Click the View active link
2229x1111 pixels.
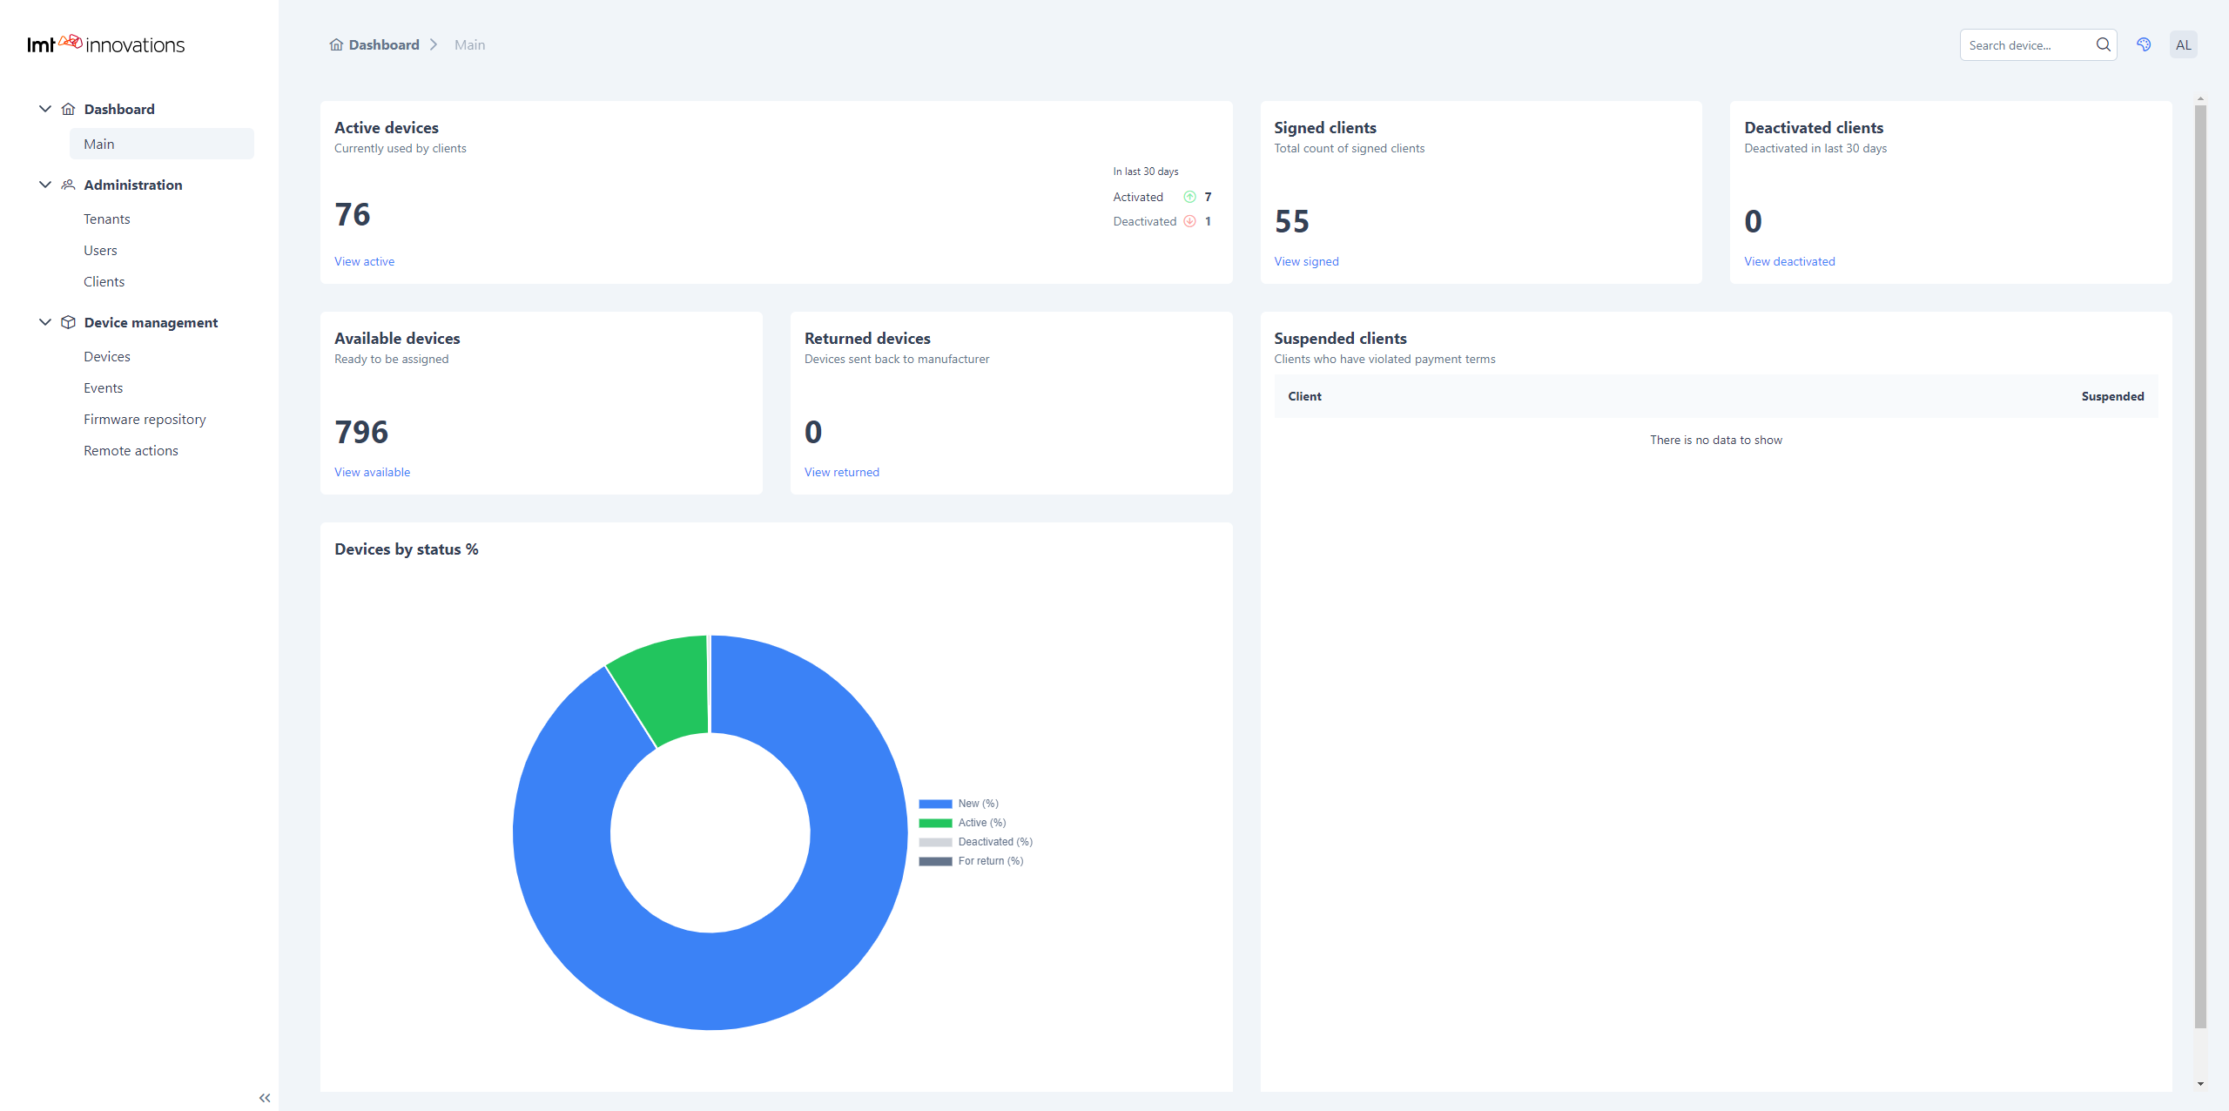pyautogui.click(x=364, y=261)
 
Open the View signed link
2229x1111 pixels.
pyautogui.click(x=1306, y=261)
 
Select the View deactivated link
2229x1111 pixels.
pyautogui.click(x=1789, y=261)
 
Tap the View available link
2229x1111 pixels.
pyautogui.click(x=372, y=472)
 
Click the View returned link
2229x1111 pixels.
pyautogui.click(x=841, y=472)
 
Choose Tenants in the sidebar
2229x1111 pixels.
pyautogui.click(x=107, y=219)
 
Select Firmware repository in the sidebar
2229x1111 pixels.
pyautogui.click(x=145, y=419)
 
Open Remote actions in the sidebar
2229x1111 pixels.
pyautogui.click(x=131, y=450)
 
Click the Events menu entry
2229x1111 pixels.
pyautogui.click(x=103, y=387)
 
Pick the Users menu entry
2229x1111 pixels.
pyautogui.click(x=100, y=250)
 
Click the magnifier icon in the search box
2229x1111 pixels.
pyautogui.click(x=2103, y=44)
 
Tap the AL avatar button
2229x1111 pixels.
pyautogui.click(x=2183, y=44)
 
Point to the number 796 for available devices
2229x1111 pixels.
pyautogui.click(x=361, y=432)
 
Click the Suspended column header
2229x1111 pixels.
pyautogui.click(x=2112, y=396)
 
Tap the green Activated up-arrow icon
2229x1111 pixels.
pyautogui.click(x=1189, y=197)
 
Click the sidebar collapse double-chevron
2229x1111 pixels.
pyautogui.click(x=265, y=1098)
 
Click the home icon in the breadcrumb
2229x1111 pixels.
pyautogui.click(x=336, y=44)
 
